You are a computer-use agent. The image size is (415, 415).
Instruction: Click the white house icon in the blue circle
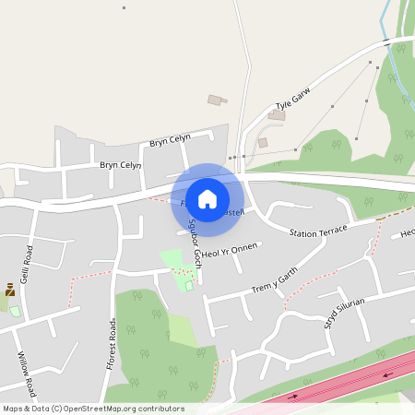(207, 198)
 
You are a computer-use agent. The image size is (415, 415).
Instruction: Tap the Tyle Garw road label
(294, 101)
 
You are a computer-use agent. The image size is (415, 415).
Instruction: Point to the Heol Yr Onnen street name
(231, 251)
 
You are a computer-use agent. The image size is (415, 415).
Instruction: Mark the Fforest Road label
(112, 340)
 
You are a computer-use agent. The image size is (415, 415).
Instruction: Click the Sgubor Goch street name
(195, 243)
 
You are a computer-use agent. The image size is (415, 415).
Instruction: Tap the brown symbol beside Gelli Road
(10, 289)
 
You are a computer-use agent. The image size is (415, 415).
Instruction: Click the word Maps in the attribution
(14, 409)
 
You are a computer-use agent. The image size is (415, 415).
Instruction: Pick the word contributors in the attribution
(164, 409)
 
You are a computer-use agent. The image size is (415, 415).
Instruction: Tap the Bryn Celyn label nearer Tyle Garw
(170, 140)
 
